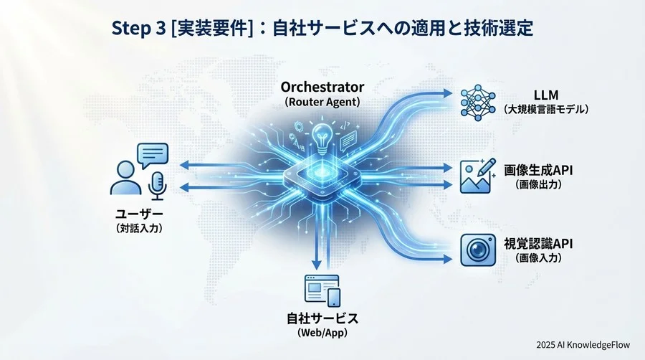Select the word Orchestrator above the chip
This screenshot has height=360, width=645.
pyautogui.click(x=322, y=87)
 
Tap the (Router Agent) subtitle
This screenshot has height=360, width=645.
pyautogui.click(x=322, y=103)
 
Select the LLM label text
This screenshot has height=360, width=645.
pyautogui.click(x=545, y=94)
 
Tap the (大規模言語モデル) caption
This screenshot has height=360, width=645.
pyautogui.click(x=546, y=110)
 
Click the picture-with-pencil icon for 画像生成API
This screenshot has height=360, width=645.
pyautogui.click(x=476, y=175)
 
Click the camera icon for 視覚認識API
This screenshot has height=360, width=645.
pyautogui.click(x=475, y=248)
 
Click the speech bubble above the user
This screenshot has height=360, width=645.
pyautogui.click(x=152, y=154)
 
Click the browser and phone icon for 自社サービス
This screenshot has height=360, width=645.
pyautogui.click(x=322, y=290)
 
